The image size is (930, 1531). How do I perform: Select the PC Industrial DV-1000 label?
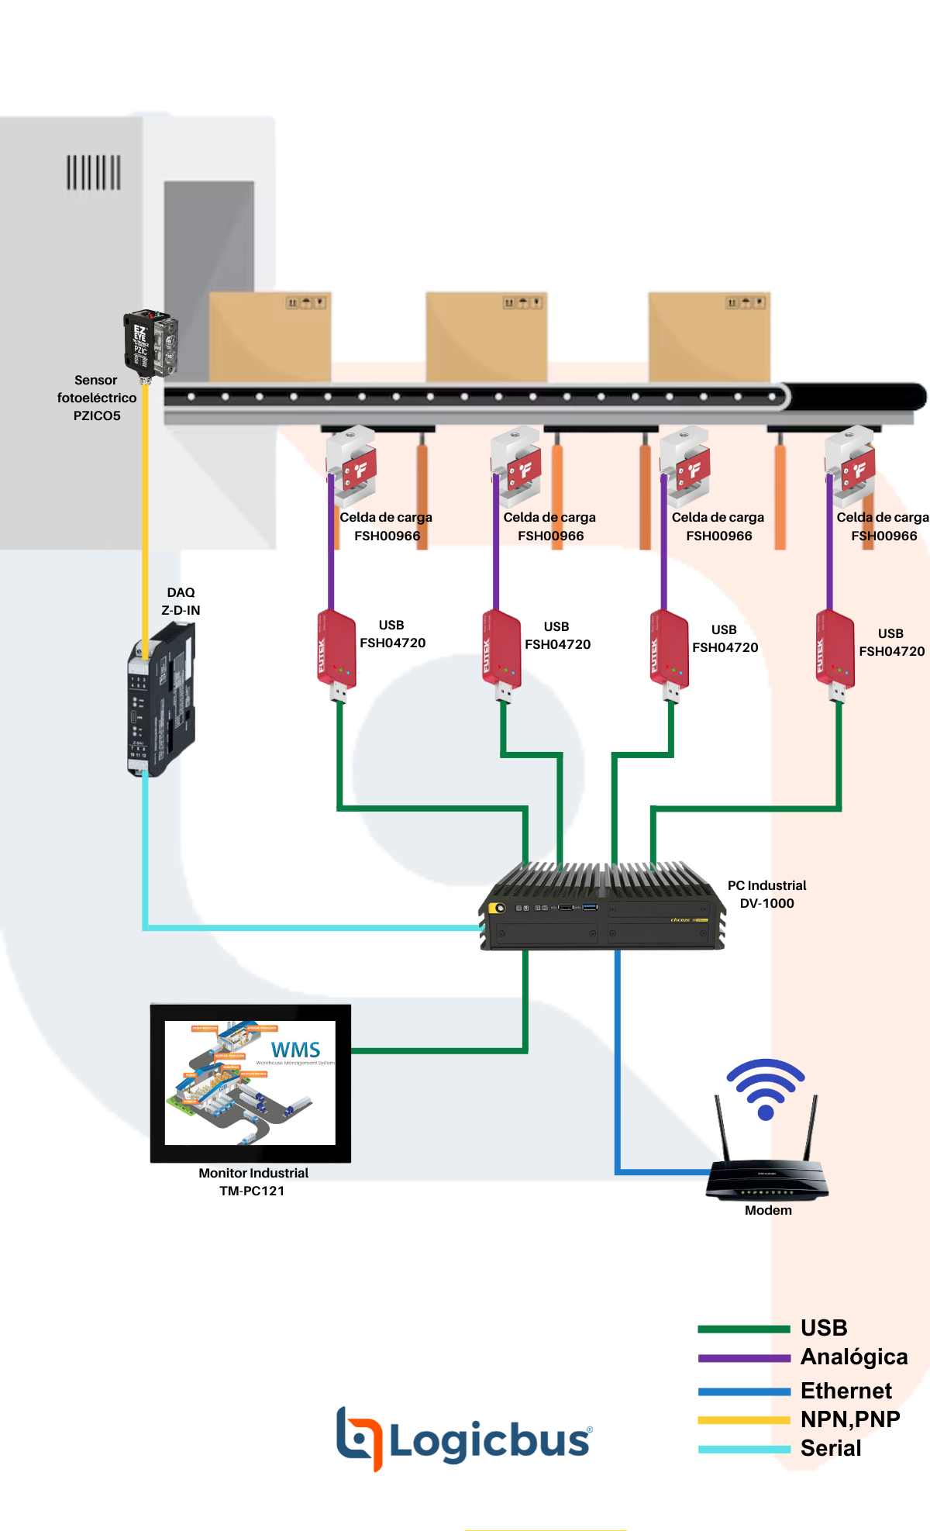(766, 894)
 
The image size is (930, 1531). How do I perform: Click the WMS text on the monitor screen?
(295, 1050)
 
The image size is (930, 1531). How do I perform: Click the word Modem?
(768, 1210)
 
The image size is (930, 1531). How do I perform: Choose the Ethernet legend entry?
(846, 1390)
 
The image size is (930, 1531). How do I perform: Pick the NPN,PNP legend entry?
(849, 1419)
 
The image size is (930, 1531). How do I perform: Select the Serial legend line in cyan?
(744, 1449)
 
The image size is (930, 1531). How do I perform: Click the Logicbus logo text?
(488, 1440)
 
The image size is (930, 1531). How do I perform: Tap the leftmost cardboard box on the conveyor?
(270, 336)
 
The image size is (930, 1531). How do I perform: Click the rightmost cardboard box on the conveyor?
(709, 336)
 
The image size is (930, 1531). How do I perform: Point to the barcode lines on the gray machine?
(93, 172)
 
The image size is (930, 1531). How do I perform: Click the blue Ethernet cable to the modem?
(618, 1085)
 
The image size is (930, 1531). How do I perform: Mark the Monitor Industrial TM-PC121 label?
(253, 1181)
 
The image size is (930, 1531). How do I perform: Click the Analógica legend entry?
(853, 1357)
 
